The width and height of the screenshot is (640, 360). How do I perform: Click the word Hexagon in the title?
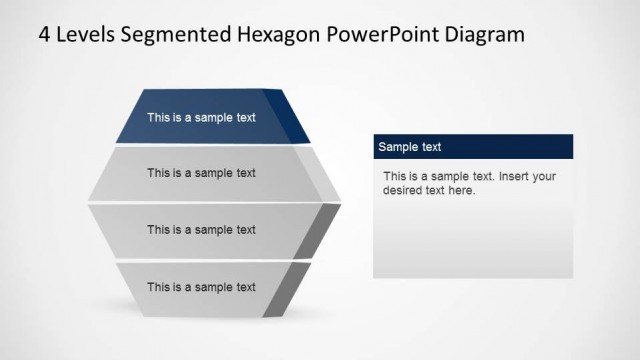pyautogui.click(x=279, y=35)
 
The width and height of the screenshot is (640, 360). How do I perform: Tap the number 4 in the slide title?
pyautogui.click(x=44, y=35)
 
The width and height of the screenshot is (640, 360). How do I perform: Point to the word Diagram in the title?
pyautogui.click(x=483, y=35)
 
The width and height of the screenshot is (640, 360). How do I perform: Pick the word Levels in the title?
pyautogui.click(x=90, y=35)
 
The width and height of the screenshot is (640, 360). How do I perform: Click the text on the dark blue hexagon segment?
pyautogui.click(x=201, y=117)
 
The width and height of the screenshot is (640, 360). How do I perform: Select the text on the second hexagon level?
pyautogui.click(x=201, y=173)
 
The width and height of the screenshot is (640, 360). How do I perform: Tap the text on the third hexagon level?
pyautogui.click(x=201, y=230)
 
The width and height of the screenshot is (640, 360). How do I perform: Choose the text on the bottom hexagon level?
pyautogui.click(x=201, y=287)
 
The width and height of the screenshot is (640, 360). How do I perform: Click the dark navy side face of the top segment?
pyautogui.click(x=296, y=118)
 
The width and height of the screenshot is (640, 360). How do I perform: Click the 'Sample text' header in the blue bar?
pyautogui.click(x=409, y=147)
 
